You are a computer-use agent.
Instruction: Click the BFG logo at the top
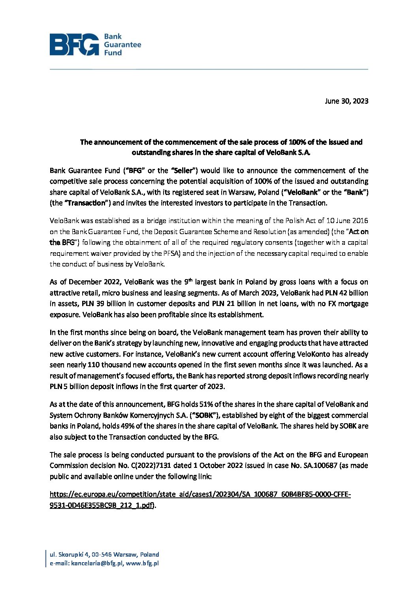click(x=95, y=44)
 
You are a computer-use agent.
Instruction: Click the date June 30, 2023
click(x=346, y=101)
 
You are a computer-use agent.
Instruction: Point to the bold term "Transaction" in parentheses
click(x=86, y=203)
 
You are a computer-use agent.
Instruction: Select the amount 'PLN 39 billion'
click(x=104, y=304)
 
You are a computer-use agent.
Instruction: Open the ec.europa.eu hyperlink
click(x=200, y=495)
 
